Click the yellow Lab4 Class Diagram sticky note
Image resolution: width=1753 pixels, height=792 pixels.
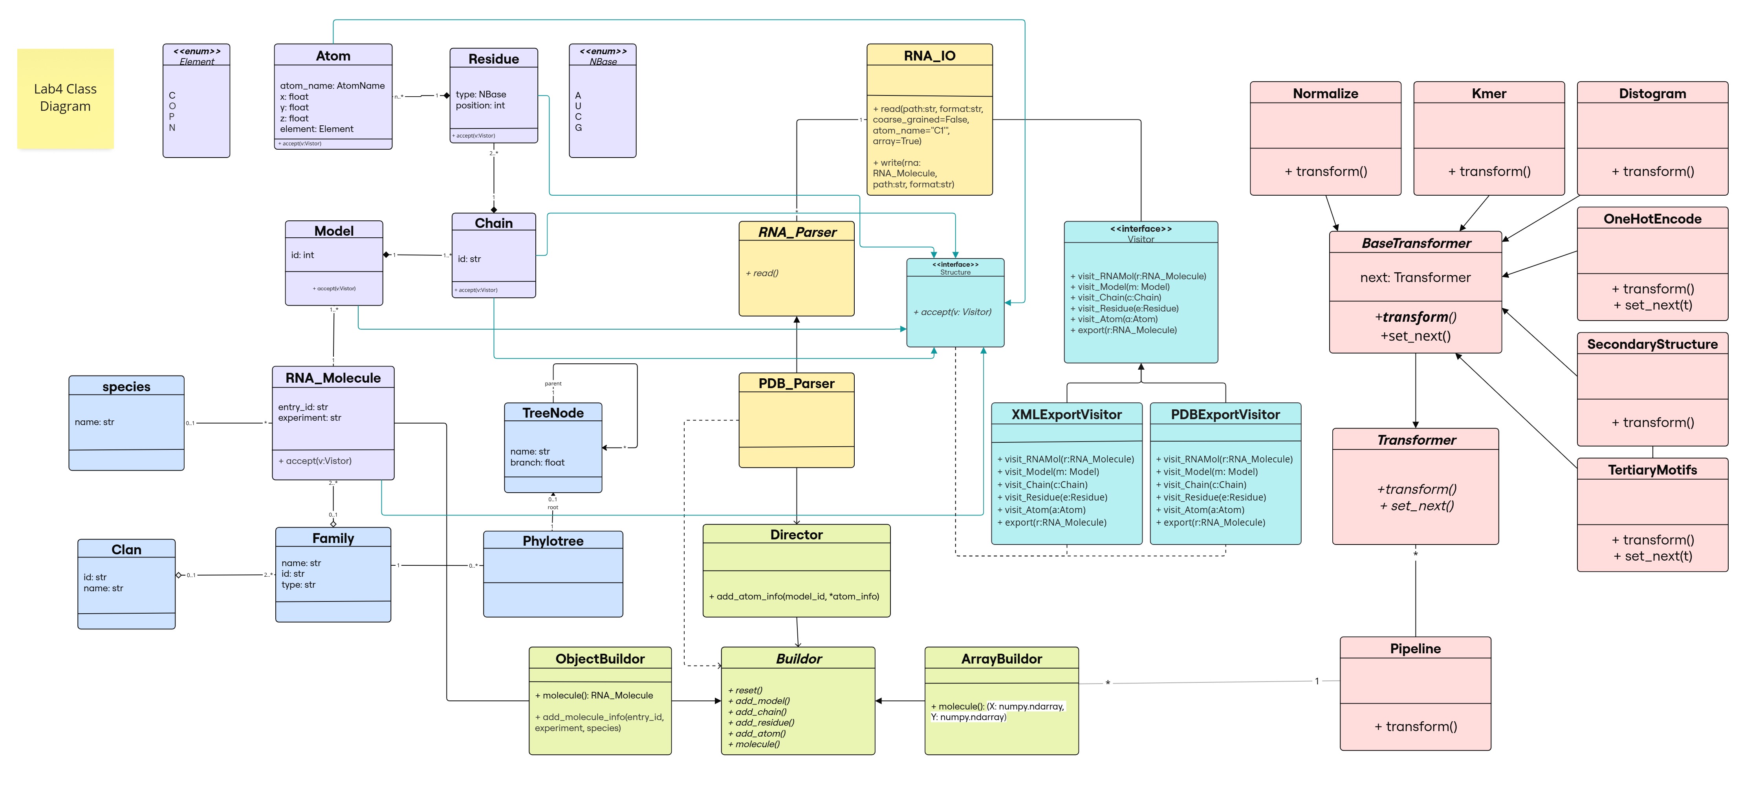(x=65, y=98)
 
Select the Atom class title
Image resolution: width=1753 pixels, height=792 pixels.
(x=333, y=56)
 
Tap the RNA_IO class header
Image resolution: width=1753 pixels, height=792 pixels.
(x=929, y=56)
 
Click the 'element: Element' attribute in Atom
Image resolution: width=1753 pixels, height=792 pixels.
(x=317, y=128)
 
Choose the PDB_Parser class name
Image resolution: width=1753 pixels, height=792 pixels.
(x=796, y=383)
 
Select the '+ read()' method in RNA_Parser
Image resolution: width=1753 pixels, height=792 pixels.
(x=762, y=273)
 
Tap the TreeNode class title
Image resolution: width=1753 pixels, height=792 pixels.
(x=553, y=413)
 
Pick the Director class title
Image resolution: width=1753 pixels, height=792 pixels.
(x=796, y=535)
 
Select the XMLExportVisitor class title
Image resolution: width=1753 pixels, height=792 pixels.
(x=1066, y=414)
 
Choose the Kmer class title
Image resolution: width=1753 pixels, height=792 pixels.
(x=1488, y=93)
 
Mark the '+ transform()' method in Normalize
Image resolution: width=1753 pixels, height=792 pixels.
(x=1325, y=171)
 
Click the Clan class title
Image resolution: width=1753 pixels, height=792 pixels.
(x=126, y=550)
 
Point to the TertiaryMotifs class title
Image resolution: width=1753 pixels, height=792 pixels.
(x=1652, y=469)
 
